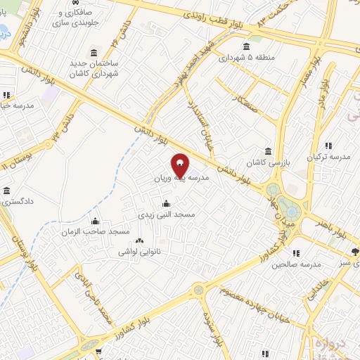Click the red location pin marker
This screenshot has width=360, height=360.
point(180,165)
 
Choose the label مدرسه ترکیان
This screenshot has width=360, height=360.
point(332,157)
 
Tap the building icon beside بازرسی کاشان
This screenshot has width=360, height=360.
point(267,152)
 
